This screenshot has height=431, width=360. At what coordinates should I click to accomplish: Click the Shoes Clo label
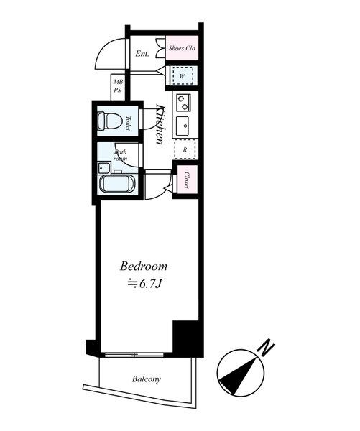[x=182, y=48]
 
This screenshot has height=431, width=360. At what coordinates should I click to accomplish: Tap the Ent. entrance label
[x=142, y=54]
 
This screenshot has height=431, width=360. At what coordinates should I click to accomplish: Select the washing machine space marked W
[x=183, y=76]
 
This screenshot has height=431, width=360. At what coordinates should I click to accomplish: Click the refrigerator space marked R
[x=185, y=149]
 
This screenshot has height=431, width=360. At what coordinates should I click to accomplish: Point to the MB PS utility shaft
[x=118, y=87]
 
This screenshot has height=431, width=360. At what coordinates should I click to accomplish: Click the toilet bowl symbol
[x=110, y=121]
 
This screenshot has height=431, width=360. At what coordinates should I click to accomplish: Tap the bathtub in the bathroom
[x=117, y=183]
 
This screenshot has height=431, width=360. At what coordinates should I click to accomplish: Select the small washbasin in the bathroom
[x=104, y=167]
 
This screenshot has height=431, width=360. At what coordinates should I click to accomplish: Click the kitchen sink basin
[x=183, y=126]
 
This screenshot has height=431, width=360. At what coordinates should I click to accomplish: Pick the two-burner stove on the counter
[x=183, y=102]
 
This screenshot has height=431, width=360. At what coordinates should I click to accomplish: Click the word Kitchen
[x=160, y=124]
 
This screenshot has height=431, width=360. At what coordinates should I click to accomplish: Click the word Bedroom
[x=144, y=267]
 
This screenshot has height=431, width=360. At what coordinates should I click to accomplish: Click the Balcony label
[x=147, y=379]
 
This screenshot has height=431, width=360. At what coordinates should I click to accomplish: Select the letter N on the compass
[x=266, y=348]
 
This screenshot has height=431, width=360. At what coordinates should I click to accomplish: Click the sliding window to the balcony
[x=134, y=355]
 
